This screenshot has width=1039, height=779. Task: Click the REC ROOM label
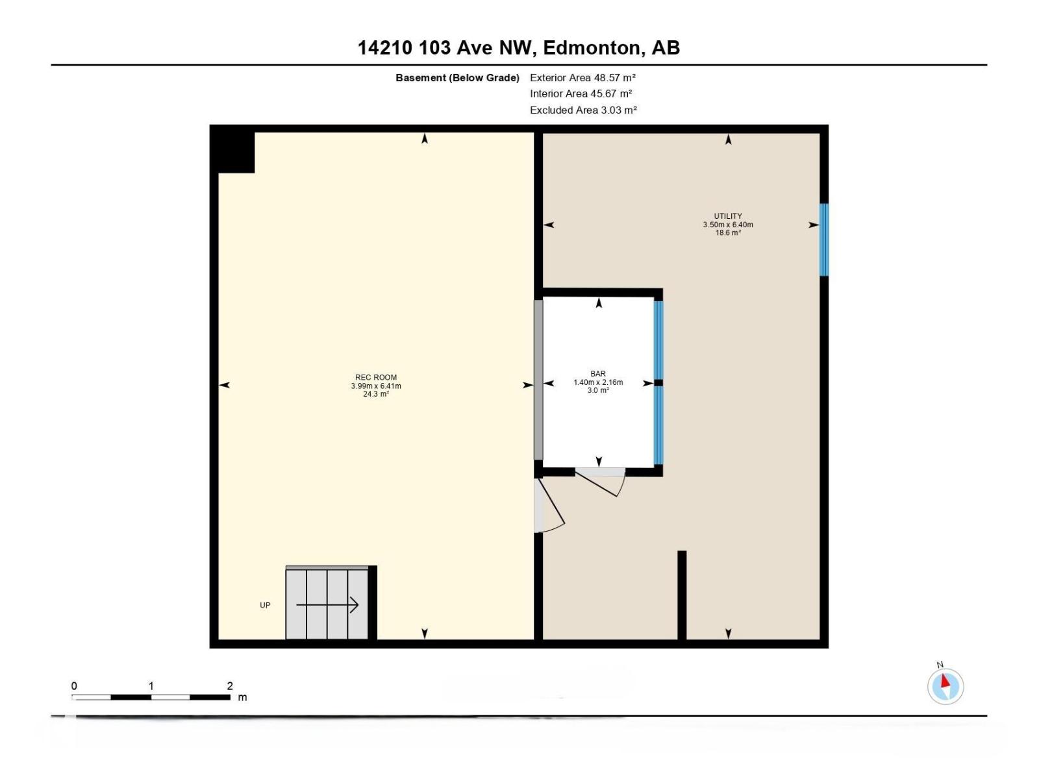[376, 377]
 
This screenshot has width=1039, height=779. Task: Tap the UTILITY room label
[728, 216]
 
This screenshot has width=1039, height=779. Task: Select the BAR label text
[598, 374]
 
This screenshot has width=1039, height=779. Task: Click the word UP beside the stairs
[265, 605]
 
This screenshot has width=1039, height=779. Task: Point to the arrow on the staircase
[327, 605]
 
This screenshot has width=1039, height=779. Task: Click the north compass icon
[945, 686]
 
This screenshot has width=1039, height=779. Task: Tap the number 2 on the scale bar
[230, 686]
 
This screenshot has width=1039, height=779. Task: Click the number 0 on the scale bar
[74, 686]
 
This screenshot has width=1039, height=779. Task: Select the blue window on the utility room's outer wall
[824, 240]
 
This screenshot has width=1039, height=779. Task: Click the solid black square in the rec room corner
[236, 153]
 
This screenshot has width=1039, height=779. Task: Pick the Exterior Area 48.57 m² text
[582, 78]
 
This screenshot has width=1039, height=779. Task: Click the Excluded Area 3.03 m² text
[583, 110]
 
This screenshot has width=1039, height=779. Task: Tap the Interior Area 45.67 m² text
[581, 94]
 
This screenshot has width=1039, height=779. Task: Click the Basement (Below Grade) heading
[457, 78]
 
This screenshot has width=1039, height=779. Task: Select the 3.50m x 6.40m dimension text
[728, 225]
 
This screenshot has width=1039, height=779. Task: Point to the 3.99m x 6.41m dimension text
[376, 386]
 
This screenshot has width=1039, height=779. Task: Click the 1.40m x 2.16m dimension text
[598, 382]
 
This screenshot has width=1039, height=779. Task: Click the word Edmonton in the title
[591, 47]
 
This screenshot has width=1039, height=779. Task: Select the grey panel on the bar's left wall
[538, 380]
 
